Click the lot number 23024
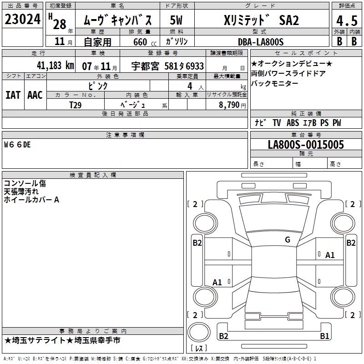click(x=22, y=19)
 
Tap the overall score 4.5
click(x=347, y=21)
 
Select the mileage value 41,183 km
click(x=56, y=66)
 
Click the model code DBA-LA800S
click(x=261, y=42)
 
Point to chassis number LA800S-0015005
click(x=306, y=144)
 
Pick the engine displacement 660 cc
click(x=145, y=42)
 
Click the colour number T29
click(x=76, y=105)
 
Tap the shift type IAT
click(x=13, y=95)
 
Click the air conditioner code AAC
click(x=35, y=95)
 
